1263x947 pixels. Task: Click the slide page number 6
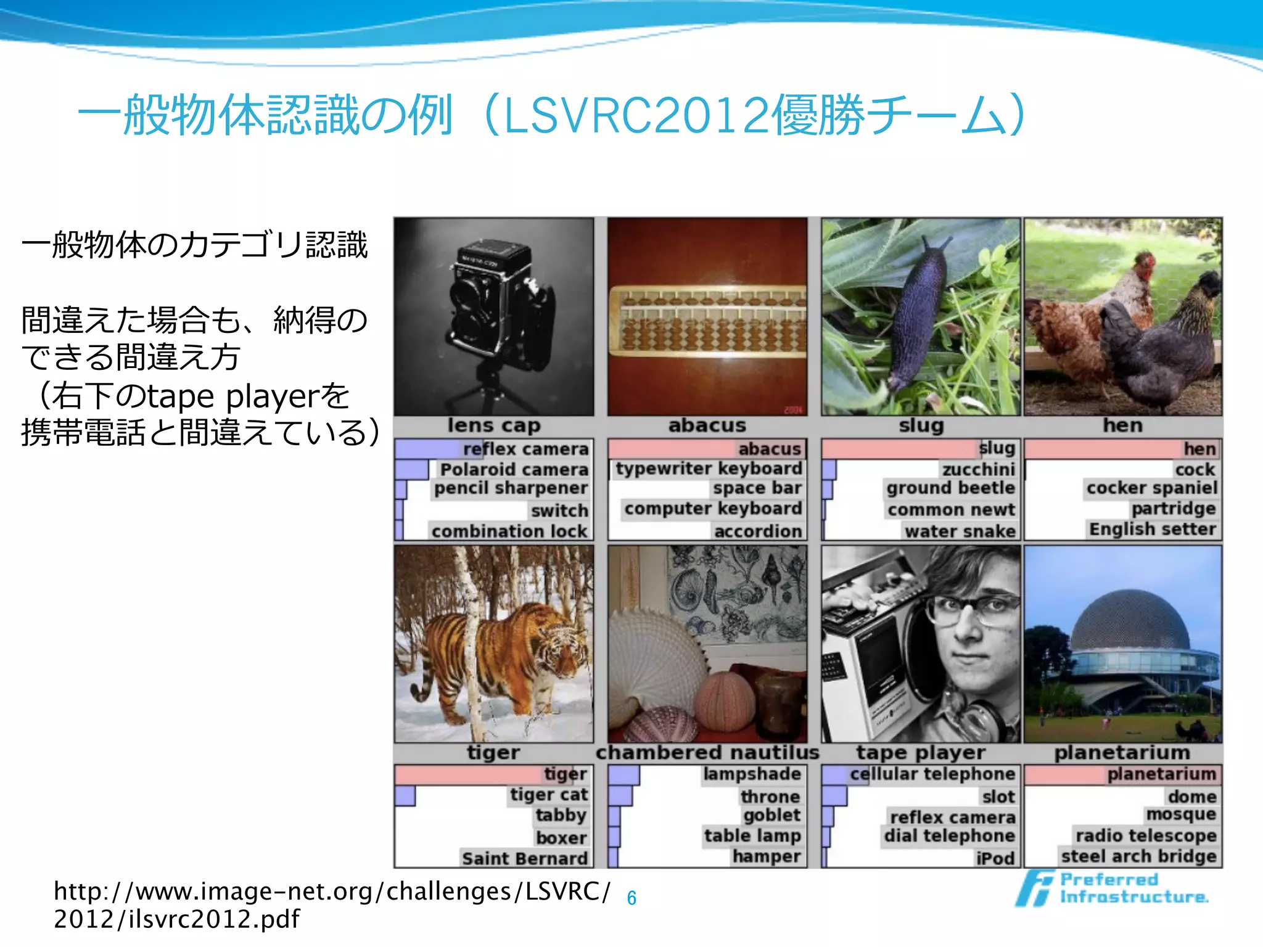631,898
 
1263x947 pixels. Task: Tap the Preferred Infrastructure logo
1112,888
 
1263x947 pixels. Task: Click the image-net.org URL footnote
332,904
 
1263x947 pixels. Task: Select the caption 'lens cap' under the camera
494,425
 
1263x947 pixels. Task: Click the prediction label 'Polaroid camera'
514,469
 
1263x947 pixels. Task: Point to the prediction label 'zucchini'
978,469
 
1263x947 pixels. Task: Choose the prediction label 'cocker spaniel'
1151,488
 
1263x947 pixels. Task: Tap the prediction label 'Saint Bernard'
525,858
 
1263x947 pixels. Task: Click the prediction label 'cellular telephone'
932,774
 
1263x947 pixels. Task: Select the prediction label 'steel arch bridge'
1138,856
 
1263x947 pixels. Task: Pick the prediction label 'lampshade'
752,774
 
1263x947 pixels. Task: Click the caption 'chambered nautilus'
707,753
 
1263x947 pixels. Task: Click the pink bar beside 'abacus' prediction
672,449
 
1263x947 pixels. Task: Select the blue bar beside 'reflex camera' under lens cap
429,449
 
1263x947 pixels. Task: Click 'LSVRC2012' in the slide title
636,116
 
